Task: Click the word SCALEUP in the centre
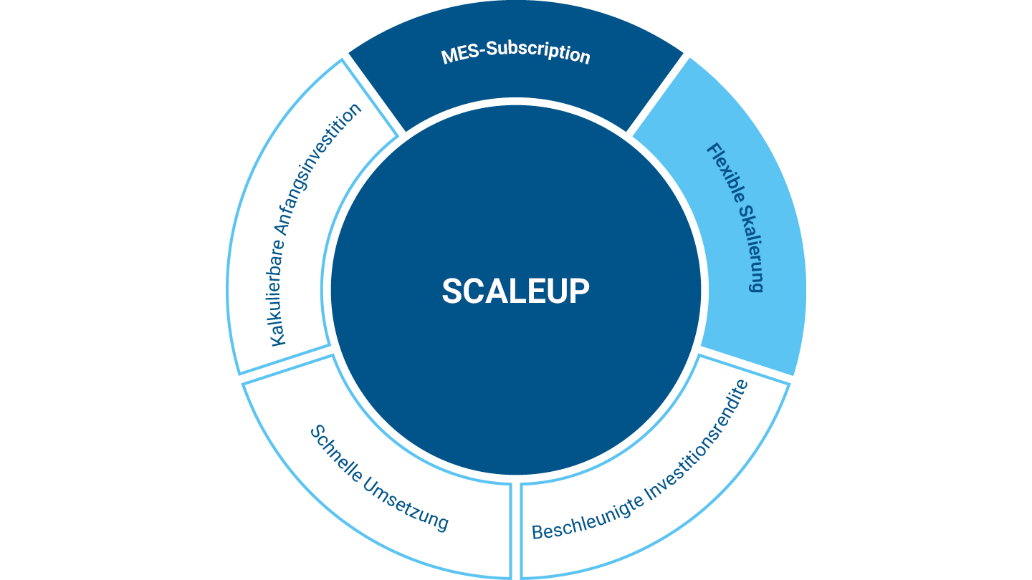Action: pos(515,291)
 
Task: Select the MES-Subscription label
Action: pos(515,54)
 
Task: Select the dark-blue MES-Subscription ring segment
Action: pos(516,82)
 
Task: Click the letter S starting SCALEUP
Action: pos(453,291)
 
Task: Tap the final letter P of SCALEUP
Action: pos(579,291)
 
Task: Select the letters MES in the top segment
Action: pos(458,54)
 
